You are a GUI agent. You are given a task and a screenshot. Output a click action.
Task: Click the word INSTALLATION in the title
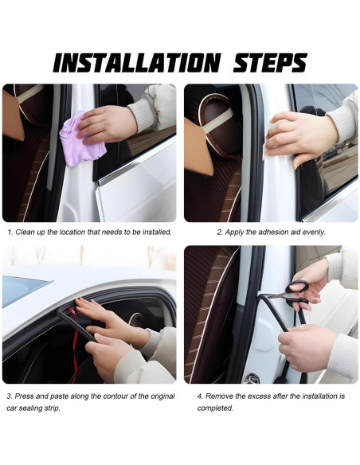137,63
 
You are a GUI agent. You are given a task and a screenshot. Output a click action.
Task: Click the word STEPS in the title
269,63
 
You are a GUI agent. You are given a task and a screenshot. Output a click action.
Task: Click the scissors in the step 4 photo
294,294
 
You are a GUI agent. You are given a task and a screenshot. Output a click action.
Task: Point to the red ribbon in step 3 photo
74,344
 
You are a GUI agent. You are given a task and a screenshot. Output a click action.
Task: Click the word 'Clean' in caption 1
25,232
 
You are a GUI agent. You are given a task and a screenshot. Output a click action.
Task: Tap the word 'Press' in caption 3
25,397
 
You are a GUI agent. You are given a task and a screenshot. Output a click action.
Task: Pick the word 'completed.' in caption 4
215,408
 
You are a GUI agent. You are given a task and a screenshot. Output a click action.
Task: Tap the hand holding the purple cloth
105,124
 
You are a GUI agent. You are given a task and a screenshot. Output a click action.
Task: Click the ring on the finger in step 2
276,147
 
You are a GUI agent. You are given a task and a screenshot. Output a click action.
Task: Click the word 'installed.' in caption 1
157,232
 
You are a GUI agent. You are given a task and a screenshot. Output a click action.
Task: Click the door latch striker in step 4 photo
252,378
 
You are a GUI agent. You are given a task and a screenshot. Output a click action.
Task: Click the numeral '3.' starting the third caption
10,397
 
